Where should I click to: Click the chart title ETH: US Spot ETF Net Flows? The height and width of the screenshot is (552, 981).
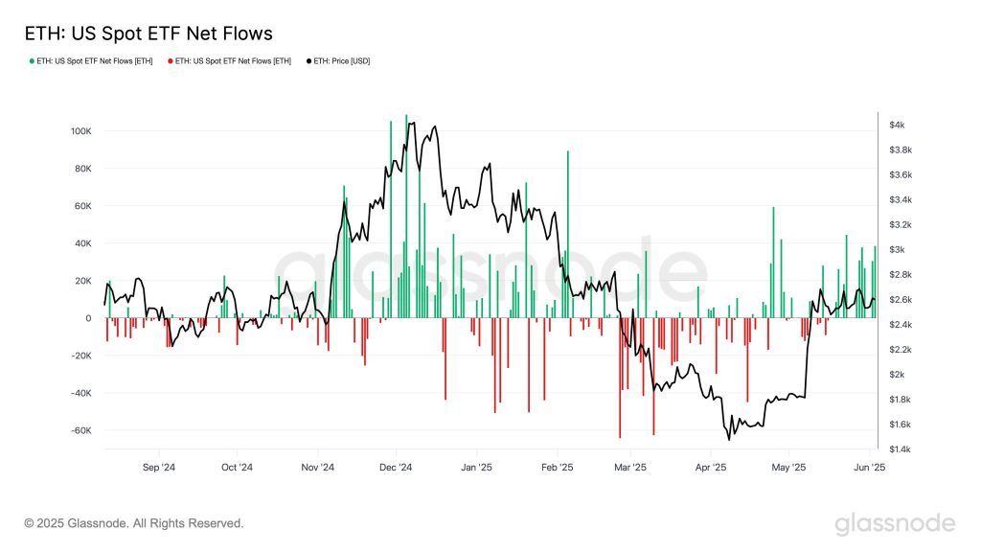point(148,34)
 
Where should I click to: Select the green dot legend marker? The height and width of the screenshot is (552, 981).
point(32,61)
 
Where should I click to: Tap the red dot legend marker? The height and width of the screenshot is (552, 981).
point(171,61)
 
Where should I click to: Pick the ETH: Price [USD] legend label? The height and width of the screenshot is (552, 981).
point(342,61)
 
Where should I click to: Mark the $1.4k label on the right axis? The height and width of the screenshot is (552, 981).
point(900,449)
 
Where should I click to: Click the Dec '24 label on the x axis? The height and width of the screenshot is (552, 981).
point(395,468)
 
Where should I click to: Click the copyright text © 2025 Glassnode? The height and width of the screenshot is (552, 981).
point(134,523)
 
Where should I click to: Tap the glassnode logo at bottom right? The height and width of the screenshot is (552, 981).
point(894,523)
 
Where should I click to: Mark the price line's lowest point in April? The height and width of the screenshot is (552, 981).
point(729,439)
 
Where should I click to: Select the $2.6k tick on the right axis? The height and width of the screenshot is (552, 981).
point(900,300)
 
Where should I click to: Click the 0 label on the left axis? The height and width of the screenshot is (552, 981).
point(87,318)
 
